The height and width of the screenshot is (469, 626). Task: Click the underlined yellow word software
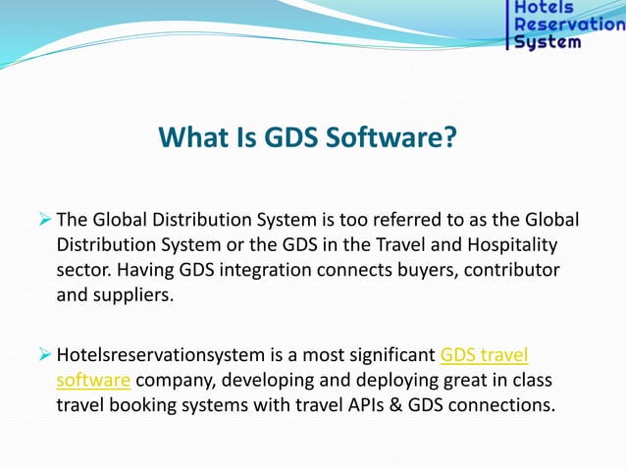pos(93,380)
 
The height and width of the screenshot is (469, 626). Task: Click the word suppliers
pos(131,294)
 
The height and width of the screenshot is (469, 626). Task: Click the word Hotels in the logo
pos(547,8)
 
